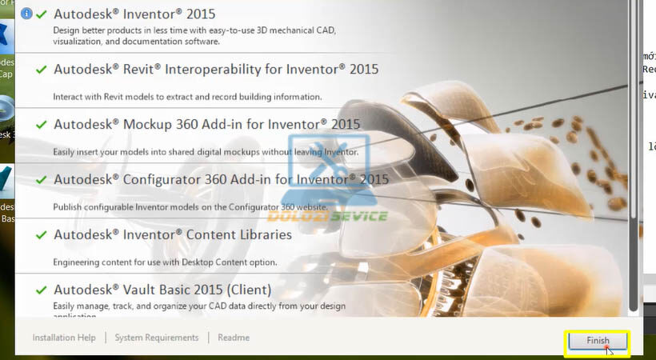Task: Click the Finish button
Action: pyautogui.click(x=598, y=341)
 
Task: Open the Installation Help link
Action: pyautogui.click(x=64, y=338)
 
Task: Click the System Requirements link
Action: pyautogui.click(x=157, y=338)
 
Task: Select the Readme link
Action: pyautogui.click(x=234, y=338)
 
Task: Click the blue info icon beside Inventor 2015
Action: pyautogui.click(x=26, y=14)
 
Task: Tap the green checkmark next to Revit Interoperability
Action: pyautogui.click(x=41, y=70)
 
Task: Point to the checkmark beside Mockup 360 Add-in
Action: pyautogui.click(x=41, y=125)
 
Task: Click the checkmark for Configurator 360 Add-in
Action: pyautogui.click(x=41, y=180)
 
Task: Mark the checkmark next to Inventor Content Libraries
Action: pyautogui.click(x=41, y=235)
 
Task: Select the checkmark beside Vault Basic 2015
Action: pyautogui.click(x=41, y=290)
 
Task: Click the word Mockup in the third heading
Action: pyautogui.click(x=146, y=125)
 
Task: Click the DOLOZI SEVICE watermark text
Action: pyautogui.click(x=327, y=216)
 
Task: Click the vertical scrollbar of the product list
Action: pyautogui.click(x=634, y=160)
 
